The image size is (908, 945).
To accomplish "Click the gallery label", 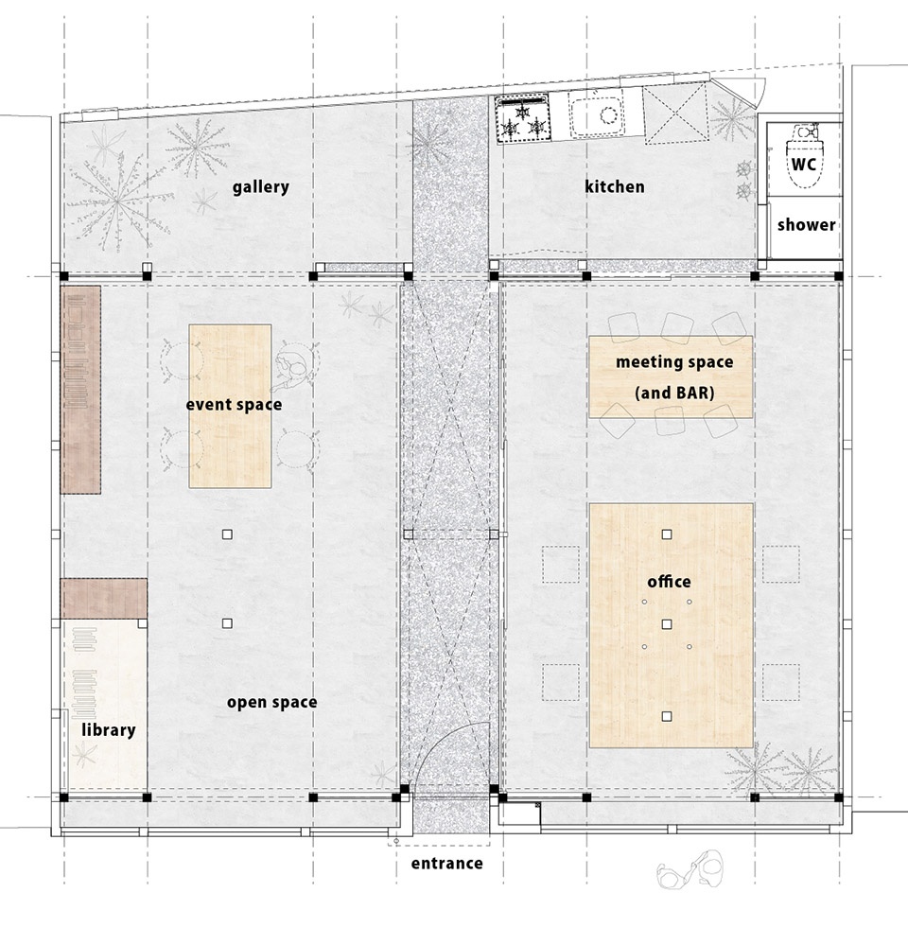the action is [261, 187].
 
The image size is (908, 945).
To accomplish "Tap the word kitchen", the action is [615, 186].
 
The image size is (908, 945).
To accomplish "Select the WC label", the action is [804, 164].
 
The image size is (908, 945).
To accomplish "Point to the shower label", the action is [806, 225].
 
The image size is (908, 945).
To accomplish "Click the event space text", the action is [234, 405].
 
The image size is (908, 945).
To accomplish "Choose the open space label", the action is [271, 703].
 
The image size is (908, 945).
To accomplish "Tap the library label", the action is [109, 730].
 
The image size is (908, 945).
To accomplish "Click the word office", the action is [669, 582].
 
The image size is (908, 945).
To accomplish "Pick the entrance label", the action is [447, 863].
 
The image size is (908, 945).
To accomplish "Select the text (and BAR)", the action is [674, 393].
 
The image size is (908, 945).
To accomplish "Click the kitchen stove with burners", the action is [522, 119].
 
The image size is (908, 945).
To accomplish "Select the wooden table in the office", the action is [672, 625].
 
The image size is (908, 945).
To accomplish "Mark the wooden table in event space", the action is [230, 406].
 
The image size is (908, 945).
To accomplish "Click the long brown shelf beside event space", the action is [80, 390].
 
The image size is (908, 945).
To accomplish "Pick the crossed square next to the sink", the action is [674, 114].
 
